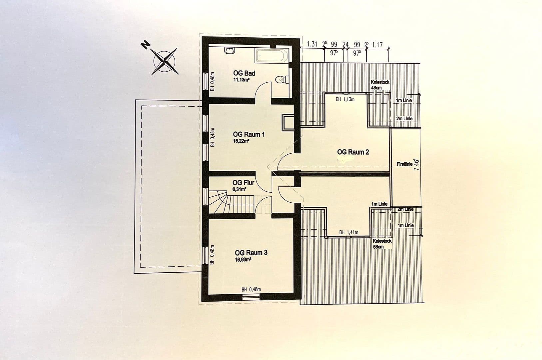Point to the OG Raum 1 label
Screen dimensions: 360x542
(x=249, y=134)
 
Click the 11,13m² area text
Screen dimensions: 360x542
(x=241, y=80)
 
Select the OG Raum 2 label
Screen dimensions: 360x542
(x=353, y=152)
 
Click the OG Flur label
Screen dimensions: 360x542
(x=243, y=183)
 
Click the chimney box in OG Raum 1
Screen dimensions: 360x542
(x=287, y=122)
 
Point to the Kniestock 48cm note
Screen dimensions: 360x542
(x=380, y=85)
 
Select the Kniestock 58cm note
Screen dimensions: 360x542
(x=382, y=244)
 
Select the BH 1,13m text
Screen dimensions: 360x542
(x=345, y=99)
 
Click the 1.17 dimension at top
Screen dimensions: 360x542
(x=377, y=45)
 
